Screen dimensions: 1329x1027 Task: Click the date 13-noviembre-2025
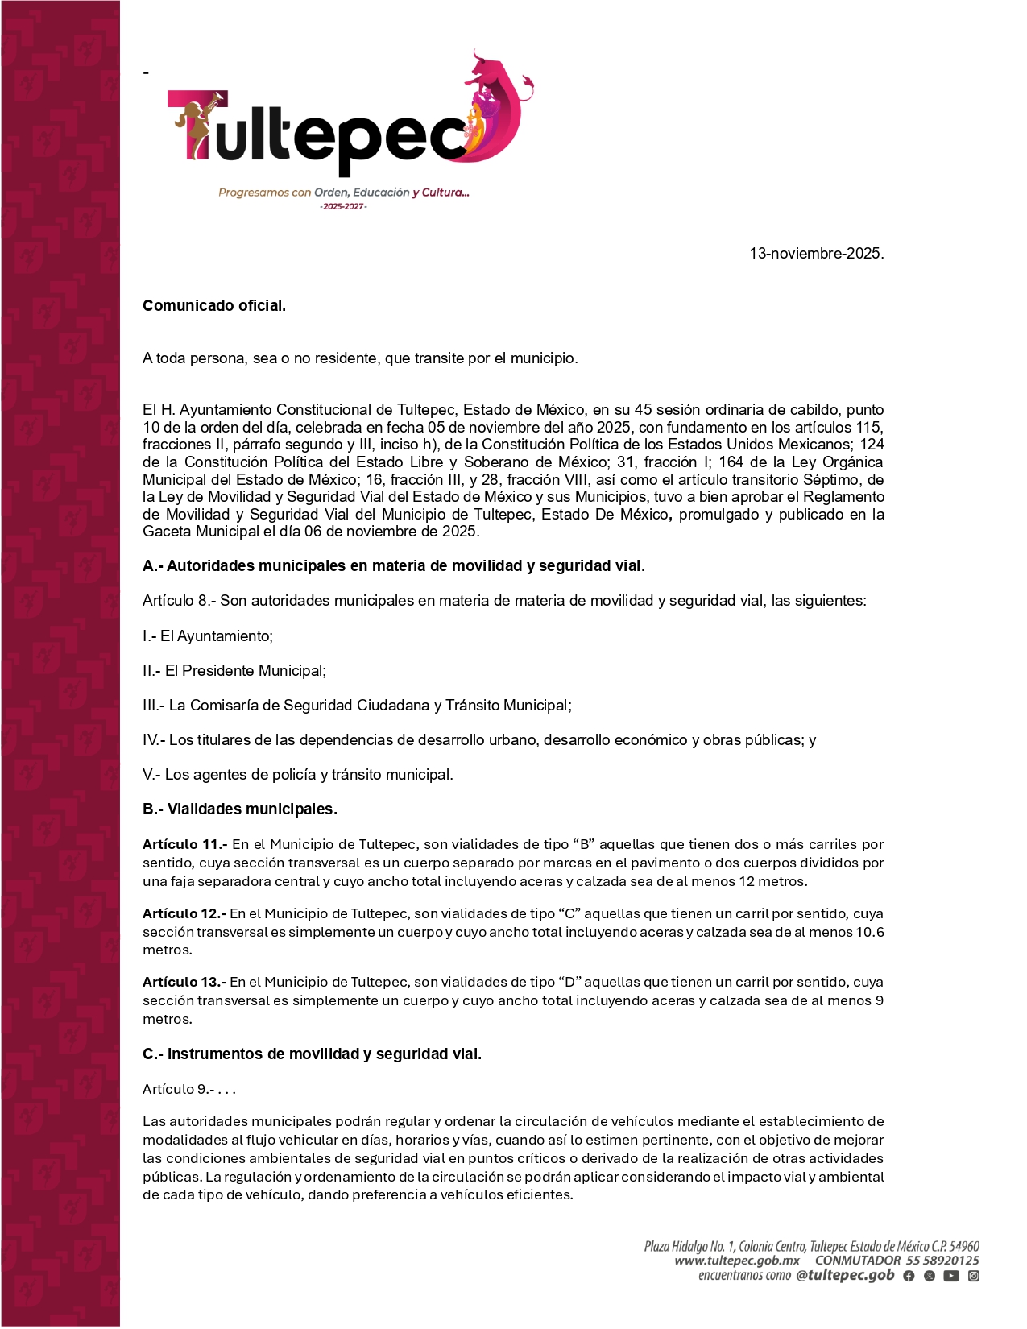816,254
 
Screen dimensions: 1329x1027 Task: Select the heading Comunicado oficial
214,306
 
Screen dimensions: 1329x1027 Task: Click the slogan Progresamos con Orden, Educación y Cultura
344,193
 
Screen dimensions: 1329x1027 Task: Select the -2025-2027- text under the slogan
344,207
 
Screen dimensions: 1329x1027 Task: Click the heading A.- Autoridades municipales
393,566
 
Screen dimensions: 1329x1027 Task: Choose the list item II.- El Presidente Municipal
234,671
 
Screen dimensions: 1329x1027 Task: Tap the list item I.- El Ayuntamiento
208,636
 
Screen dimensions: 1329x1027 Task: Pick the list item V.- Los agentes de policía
298,775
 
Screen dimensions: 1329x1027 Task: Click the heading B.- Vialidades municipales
240,809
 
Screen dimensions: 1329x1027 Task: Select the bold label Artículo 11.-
185,845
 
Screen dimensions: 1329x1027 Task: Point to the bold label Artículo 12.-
184,914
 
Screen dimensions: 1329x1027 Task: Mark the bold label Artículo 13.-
184,983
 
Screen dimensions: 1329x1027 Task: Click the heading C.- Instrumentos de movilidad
312,1054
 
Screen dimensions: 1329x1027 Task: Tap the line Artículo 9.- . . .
189,1090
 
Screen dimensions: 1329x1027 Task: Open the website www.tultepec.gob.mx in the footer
737,1261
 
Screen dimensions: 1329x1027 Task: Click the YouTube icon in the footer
951,1276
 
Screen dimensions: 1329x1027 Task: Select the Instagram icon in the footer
974,1276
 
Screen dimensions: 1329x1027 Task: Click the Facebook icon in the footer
909,1276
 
